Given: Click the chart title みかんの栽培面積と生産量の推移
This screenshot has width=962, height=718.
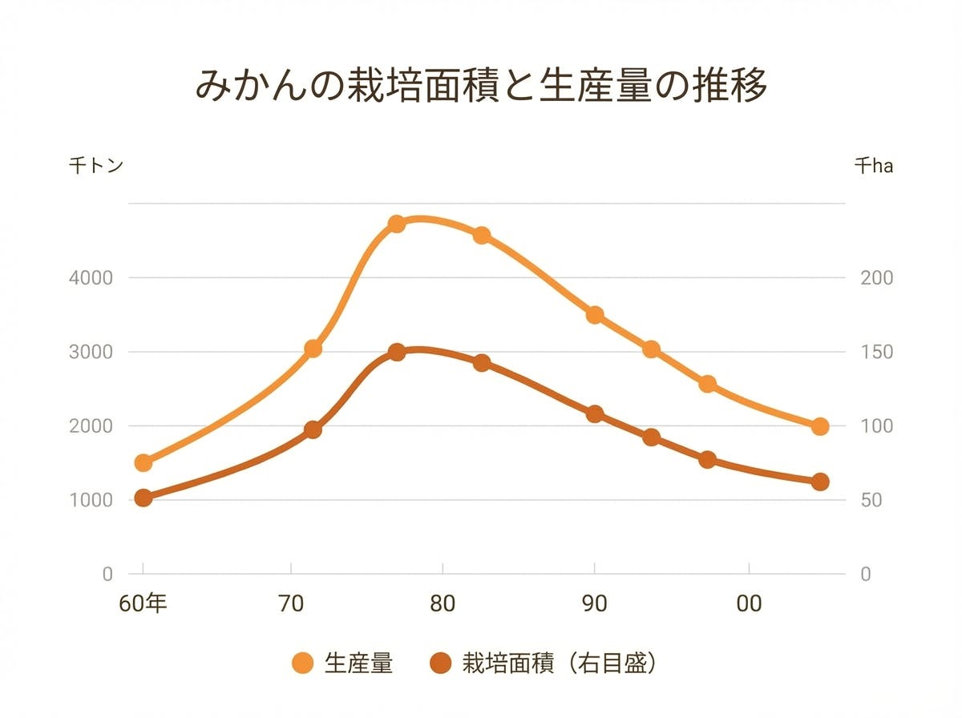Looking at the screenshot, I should (x=481, y=87).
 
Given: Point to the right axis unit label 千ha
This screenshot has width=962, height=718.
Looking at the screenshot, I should (x=873, y=166).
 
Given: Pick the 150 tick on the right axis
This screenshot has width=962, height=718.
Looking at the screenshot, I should (x=877, y=352).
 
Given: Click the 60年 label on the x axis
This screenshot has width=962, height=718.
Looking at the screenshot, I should (x=143, y=603).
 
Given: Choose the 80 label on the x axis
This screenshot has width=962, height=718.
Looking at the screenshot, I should (x=442, y=603).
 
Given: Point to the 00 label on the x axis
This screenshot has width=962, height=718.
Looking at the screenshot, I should (x=749, y=603).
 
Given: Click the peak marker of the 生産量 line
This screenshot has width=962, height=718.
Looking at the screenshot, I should (x=396, y=224).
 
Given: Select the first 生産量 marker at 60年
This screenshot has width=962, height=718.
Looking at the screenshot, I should (x=143, y=462).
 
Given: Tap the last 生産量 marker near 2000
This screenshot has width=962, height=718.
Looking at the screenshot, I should (x=819, y=426).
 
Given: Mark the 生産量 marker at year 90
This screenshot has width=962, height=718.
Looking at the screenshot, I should (x=595, y=315).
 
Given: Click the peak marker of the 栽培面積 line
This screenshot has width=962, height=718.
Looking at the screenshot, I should (x=396, y=352).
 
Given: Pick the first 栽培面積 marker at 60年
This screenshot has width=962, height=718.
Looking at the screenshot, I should (x=143, y=498).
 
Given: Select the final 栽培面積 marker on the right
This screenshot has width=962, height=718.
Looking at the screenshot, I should (x=819, y=482).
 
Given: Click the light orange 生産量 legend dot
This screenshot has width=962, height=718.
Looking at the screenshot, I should (x=303, y=664).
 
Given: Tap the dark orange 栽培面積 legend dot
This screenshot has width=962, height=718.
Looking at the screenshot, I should (x=440, y=664).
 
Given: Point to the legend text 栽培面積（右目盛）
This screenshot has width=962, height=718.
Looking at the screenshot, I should (x=560, y=664).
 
